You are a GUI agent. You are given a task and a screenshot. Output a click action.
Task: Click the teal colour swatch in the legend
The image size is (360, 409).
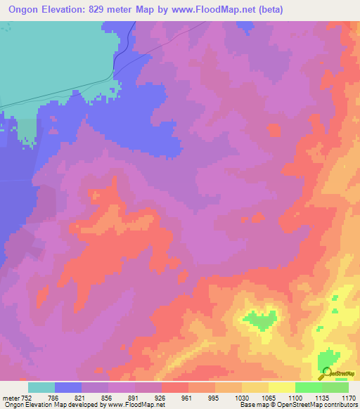coord(41,387)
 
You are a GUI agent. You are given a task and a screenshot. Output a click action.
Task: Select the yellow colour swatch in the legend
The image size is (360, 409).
coord(281,387)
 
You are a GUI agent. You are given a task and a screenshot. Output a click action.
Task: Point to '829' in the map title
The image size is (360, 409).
coord(94,9)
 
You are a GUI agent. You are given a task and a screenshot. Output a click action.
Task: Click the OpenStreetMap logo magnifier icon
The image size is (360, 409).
coord(326,372)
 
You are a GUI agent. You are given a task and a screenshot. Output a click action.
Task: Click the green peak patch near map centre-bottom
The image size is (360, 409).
coord(261,320)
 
